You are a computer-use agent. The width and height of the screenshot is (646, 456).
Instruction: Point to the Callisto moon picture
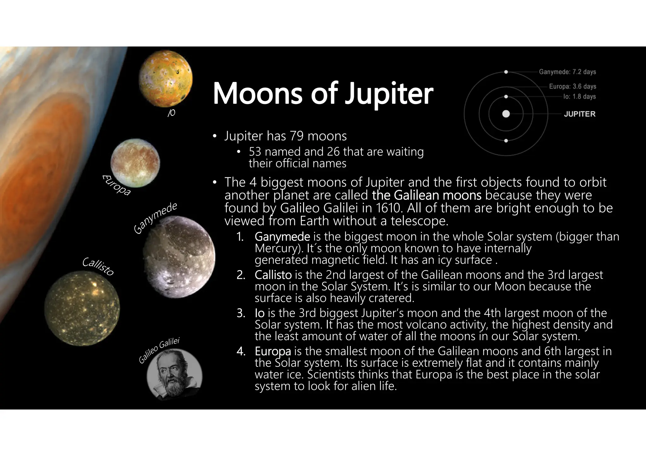[x=82, y=308]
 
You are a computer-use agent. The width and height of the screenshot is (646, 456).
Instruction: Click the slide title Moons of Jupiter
[x=323, y=93]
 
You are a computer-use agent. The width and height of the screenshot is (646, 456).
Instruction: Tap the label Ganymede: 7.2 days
[x=567, y=72]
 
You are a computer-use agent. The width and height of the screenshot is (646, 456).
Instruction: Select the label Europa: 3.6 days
[x=573, y=86]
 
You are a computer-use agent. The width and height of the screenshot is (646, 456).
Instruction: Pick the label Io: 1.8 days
[x=579, y=96]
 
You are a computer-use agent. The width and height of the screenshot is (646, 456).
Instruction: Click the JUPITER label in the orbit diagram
[x=579, y=114]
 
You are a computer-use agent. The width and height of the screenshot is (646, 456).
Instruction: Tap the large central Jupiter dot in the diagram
[x=506, y=114]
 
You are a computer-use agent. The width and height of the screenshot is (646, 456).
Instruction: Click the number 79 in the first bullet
[x=297, y=136]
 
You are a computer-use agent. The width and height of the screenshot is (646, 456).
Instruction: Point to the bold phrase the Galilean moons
[x=426, y=195]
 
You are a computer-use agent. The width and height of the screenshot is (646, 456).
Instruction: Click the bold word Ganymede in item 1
[x=282, y=236]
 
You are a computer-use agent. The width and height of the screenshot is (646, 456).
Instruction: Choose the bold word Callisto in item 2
[x=273, y=275]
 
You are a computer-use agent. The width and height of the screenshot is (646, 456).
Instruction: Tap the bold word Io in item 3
[x=259, y=313]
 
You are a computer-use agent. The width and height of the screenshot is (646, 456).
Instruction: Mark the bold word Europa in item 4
[x=273, y=351]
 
